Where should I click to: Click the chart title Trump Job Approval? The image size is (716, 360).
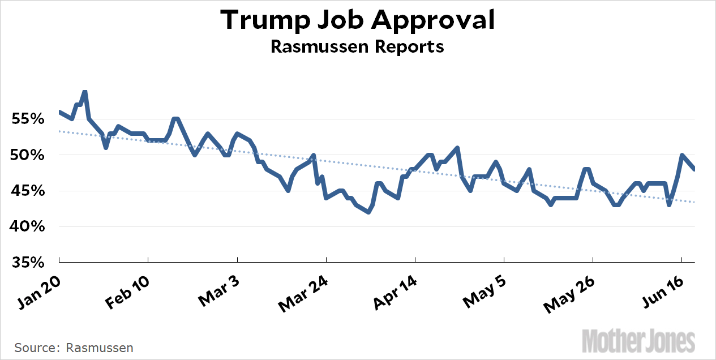(x=357, y=20)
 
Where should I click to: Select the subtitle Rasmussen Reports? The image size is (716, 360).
(x=357, y=46)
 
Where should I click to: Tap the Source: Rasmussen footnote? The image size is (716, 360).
(x=74, y=348)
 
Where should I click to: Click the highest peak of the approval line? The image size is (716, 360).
(x=84, y=91)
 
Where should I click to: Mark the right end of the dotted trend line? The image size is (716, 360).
(x=694, y=202)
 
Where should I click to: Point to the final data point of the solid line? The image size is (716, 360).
(x=694, y=169)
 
